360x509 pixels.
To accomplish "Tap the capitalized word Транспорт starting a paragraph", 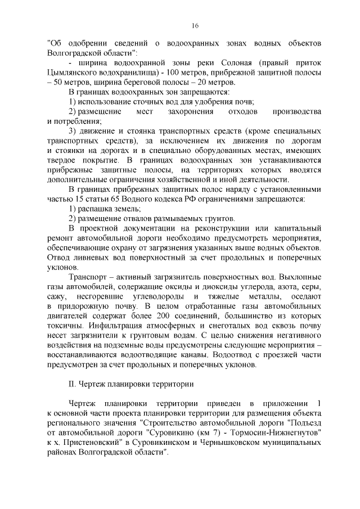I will pyautogui.click(x=86, y=277).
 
